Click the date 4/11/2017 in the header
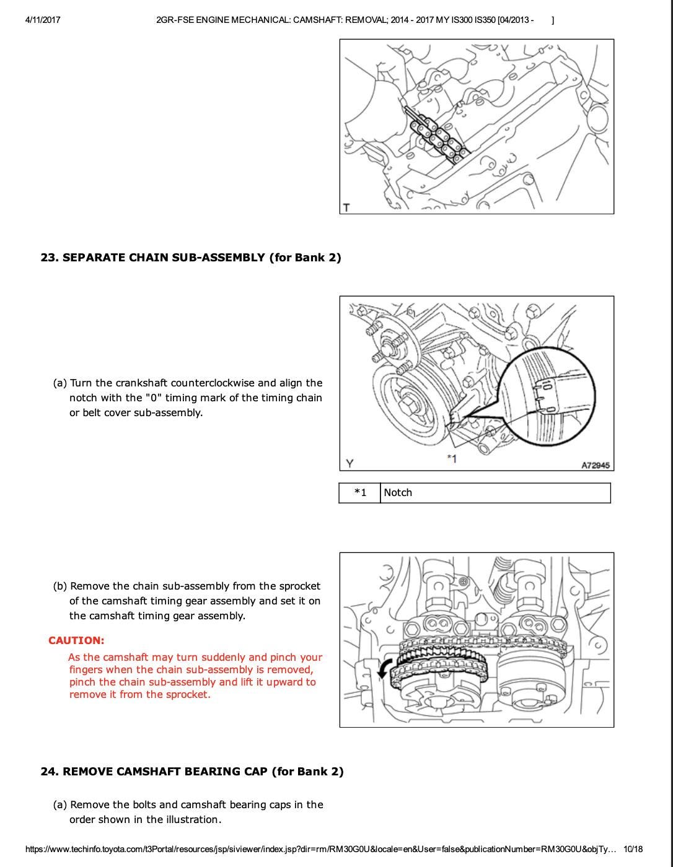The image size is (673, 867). [x=43, y=20]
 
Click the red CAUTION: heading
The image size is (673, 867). [x=76, y=640]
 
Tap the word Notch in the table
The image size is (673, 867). [x=398, y=493]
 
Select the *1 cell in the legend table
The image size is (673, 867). [x=360, y=493]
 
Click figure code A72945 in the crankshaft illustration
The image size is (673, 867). [x=595, y=465]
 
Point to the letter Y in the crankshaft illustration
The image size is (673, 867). [x=350, y=463]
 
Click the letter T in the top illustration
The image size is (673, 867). [x=346, y=207]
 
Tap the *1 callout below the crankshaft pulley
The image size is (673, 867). [x=452, y=459]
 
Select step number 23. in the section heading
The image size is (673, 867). [x=50, y=258]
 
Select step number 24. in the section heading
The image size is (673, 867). [x=50, y=772]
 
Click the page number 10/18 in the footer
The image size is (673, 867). [x=633, y=849]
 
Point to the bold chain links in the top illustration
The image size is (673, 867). [x=436, y=133]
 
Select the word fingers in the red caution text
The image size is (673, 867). [x=85, y=669]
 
